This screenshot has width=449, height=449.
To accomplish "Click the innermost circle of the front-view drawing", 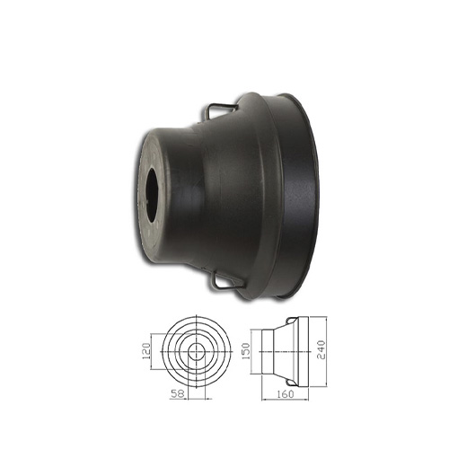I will [194, 352].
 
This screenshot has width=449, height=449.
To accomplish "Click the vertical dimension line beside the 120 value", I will [159, 352].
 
